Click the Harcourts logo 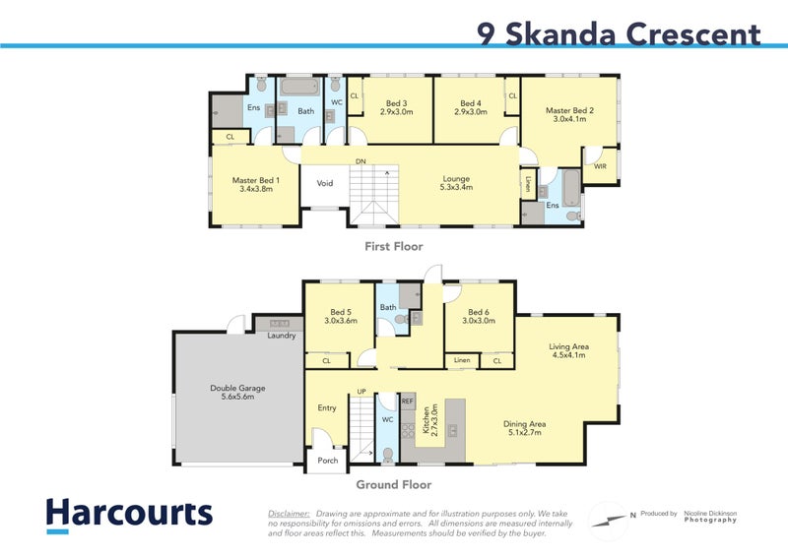click(x=129, y=514)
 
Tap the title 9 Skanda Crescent click(x=619, y=34)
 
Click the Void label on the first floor click(x=324, y=183)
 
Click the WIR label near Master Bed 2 click(x=601, y=167)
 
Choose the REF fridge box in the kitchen click(x=407, y=402)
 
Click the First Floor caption click(x=393, y=247)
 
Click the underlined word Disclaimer click(x=289, y=514)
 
